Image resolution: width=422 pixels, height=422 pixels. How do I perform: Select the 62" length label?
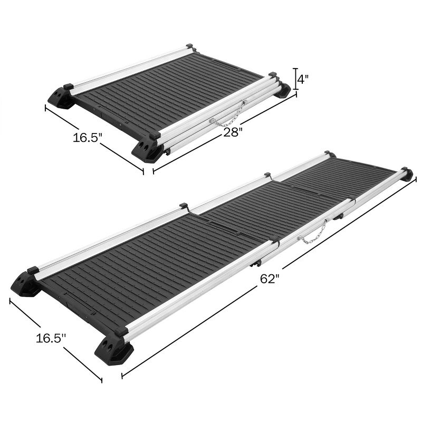pos(268,279)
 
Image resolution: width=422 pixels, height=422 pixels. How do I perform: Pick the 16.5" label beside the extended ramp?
pos(51,338)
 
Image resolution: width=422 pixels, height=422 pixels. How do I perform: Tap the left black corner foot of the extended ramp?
pos(26,284)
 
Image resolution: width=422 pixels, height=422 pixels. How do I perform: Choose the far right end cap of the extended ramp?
pos(406,174)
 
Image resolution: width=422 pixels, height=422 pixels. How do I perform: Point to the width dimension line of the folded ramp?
pos(94,138)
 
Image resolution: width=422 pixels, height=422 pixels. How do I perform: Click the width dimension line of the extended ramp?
pos(55,340)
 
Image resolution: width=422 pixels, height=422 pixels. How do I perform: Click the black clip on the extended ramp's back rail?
pos(184,205)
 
